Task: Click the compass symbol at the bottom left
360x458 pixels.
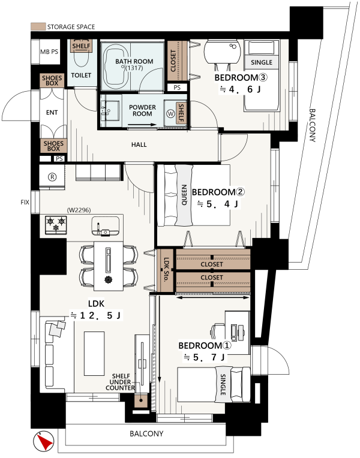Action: point(44,441)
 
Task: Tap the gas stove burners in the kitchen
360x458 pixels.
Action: point(56,225)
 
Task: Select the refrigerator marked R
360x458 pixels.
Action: point(52,177)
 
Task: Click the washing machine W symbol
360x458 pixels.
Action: point(170,114)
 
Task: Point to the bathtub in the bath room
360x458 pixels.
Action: point(116,67)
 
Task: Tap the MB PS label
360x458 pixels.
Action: point(49,52)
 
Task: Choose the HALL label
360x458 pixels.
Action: point(139,144)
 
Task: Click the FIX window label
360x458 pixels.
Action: point(25,202)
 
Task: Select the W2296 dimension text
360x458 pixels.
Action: point(79,210)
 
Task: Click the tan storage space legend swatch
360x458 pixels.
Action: point(38,26)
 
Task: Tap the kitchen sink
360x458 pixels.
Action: point(105,226)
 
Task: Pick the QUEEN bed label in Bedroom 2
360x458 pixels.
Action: point(184,195)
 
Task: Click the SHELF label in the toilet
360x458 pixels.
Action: point(81,46)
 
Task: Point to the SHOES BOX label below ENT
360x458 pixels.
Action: point(53,146)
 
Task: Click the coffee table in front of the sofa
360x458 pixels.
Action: point(94,354)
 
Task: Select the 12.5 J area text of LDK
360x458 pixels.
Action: point(96,315)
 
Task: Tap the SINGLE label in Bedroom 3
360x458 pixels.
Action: point(262,62)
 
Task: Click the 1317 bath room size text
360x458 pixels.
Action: point(134,68)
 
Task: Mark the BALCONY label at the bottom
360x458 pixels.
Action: point(146,433)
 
